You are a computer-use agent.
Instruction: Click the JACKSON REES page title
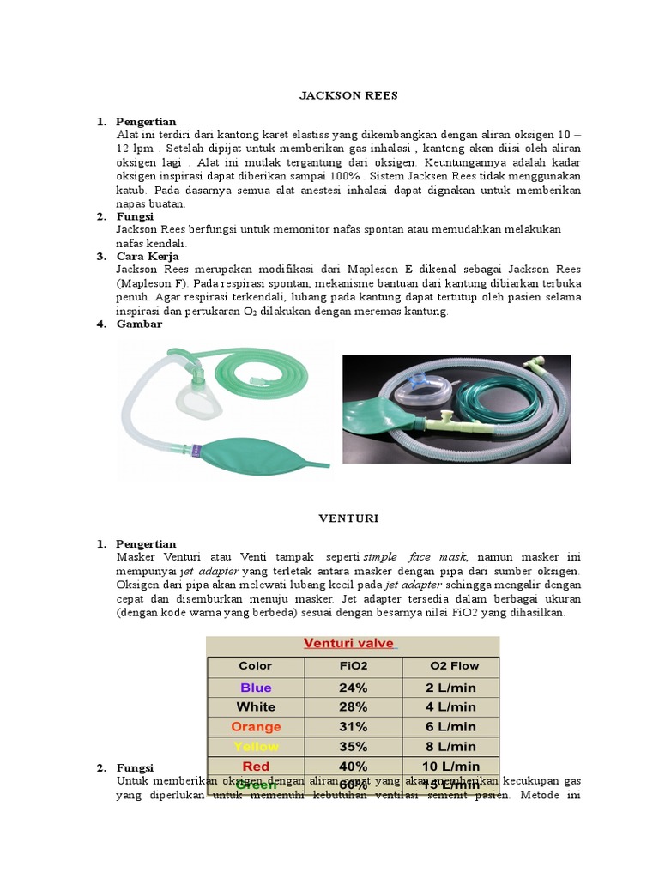348,95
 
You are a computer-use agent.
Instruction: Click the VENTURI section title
348,518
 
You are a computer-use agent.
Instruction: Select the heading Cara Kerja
148,256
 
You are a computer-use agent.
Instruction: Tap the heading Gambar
139,324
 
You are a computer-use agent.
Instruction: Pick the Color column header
255,665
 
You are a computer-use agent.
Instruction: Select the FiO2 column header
353,665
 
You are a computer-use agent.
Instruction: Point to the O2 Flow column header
451,665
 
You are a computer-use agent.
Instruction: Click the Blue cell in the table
256,688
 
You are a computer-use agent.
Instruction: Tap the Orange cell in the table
256,727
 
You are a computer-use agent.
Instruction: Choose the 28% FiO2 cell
353,707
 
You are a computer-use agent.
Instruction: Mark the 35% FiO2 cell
353,747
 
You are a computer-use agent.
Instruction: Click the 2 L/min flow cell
451,688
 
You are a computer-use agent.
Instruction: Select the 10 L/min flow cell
451,767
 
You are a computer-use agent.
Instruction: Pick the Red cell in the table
256,767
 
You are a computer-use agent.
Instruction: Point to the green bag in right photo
382,420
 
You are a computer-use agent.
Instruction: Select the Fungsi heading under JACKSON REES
134,216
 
